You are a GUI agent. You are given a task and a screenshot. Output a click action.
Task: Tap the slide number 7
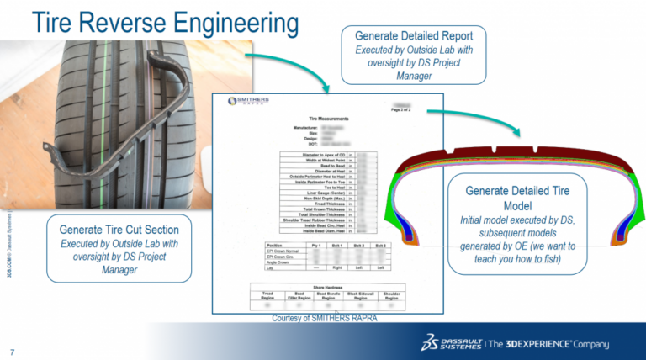pos(12,351)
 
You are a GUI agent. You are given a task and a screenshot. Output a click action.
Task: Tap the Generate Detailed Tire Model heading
pos(517,198)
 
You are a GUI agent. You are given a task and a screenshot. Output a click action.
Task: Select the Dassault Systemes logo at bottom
pos(452,343)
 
